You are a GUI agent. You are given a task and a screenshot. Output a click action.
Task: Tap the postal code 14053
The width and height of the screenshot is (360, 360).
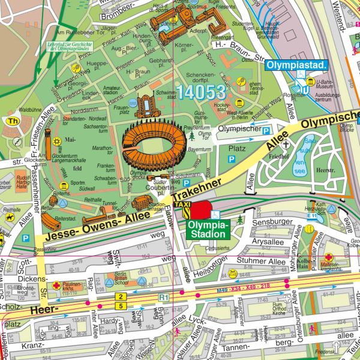click(x=200, y=92)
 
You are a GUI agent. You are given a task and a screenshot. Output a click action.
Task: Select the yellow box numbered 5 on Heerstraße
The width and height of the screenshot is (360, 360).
click(x=121, y=306)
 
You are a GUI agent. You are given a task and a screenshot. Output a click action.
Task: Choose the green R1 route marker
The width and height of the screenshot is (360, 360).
click(x=163, y=296)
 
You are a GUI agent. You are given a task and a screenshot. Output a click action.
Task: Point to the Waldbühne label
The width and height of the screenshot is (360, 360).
click(x=29, y=110)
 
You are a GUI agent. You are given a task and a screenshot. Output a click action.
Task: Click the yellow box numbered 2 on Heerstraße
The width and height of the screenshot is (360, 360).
click(x=121, y=297)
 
